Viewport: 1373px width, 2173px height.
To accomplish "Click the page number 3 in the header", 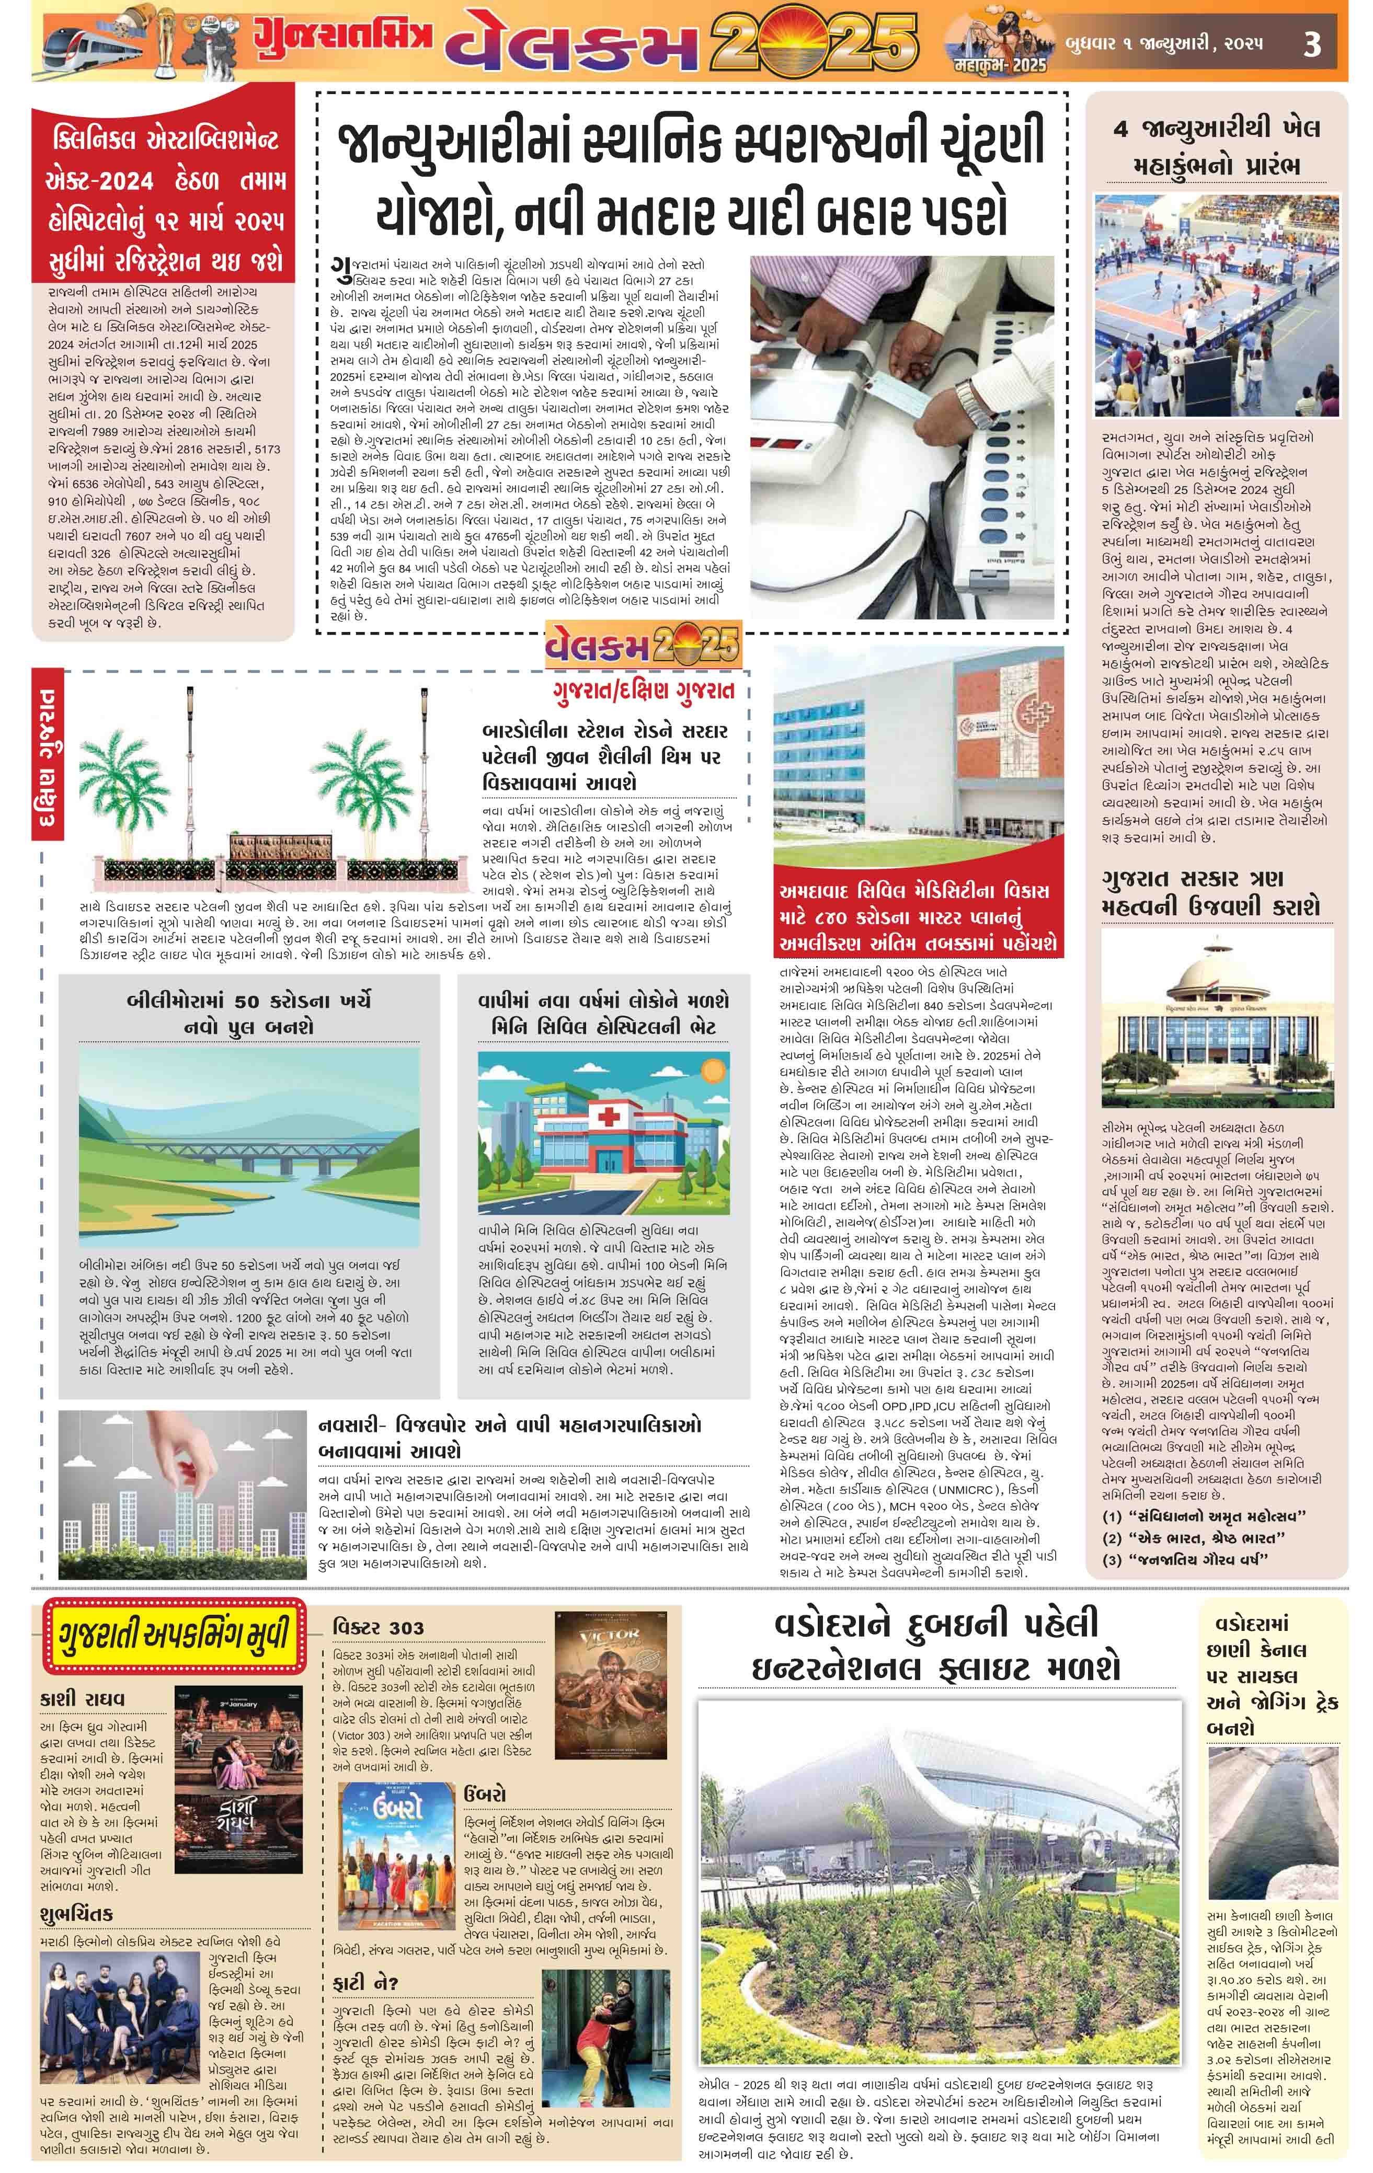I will [x=1312, y=43].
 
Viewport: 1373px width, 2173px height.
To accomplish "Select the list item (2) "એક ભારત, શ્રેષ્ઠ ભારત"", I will [x=1197, y=1538].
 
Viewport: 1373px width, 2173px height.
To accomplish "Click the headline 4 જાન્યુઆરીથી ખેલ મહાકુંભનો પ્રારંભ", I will [x=1216, y=146].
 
